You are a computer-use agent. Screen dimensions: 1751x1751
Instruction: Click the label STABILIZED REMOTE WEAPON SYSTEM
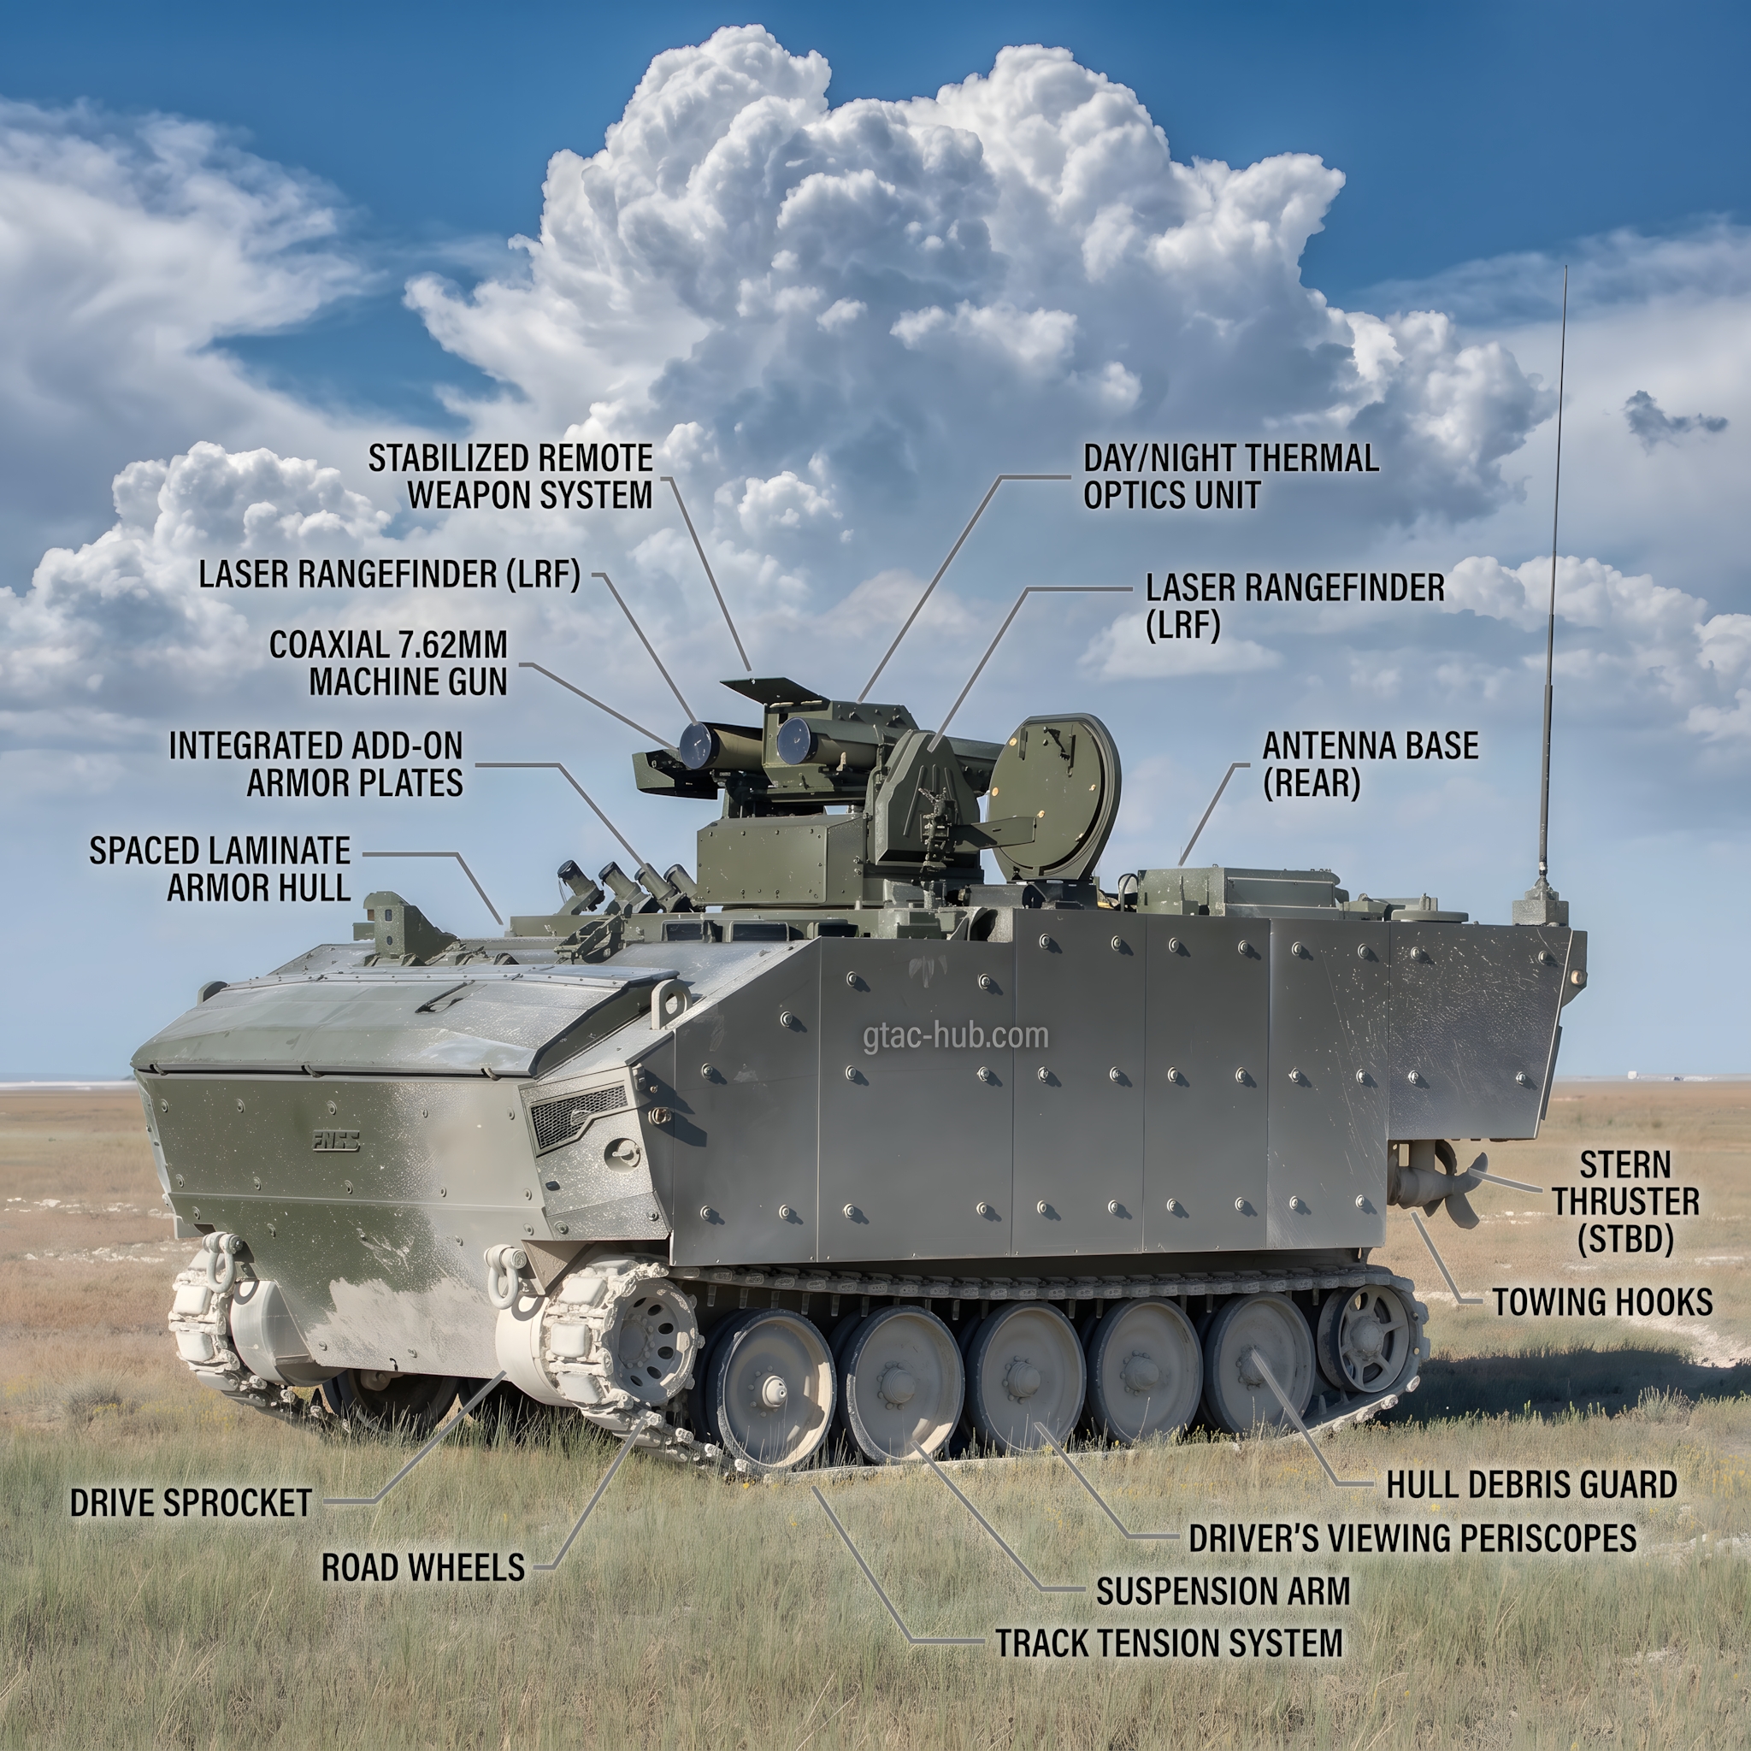(x=510, y=477)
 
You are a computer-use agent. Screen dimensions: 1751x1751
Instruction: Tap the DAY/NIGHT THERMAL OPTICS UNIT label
(x=1231, y=477)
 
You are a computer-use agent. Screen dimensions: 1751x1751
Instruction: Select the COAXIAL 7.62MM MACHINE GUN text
(x=389, y=663)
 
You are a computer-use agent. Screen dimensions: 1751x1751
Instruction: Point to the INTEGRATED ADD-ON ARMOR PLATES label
(x=316, y=764)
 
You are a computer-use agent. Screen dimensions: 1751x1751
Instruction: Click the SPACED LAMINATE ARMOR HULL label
(x=221, y=870)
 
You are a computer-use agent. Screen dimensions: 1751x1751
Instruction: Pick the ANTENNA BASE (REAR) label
(x=1371, y=764)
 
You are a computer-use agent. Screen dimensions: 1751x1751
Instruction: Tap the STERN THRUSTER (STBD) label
(x=1626, y=1202)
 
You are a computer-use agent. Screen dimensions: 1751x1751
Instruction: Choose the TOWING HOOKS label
(x=1602, y=1302)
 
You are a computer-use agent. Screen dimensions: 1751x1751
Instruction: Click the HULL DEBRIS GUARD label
(x=1531, y=1484)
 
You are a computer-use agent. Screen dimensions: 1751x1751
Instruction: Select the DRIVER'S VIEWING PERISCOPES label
(x=1412, y=1538)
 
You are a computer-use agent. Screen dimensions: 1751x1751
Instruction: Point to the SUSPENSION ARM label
(x=1223, y=1590)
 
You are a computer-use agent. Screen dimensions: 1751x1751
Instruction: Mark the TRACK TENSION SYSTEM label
(x=1169, y=1643)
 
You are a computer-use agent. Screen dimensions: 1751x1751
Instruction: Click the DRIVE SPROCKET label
(x=192, y=1503)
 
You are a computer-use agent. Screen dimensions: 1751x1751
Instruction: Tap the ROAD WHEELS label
(x=423, y=1567)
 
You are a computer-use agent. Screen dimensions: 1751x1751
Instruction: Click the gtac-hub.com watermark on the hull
(x=955, y=1036)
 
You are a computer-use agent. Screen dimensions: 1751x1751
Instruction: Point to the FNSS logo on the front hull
(x=335, y=1142)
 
